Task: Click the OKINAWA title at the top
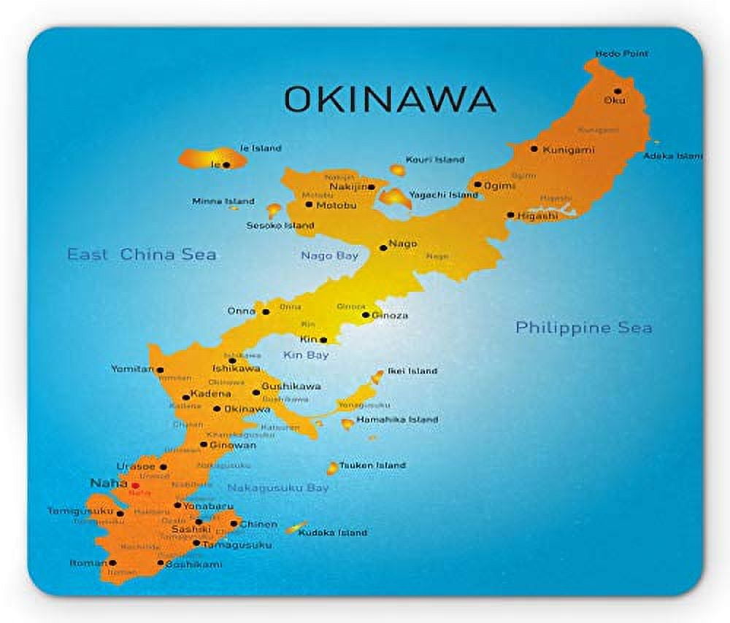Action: pyautogui.click(x=390, y=98)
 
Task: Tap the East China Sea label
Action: pyautogui.click(x=142, y=255)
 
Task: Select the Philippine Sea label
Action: pyautogui.click(x=583, y=328)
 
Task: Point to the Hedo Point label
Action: pyautogui.click(x=621, y=54)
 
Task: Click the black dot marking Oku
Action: pyautogui.click(x=618, y=91)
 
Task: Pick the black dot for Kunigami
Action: pyautogui.click(x=534, y=149)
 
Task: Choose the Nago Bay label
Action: pyautogui.click(x=329, y=256)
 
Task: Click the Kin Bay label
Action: pyautogui.click(x=305, y=355)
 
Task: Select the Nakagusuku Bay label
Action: pyautogui.click(x=277, y=487)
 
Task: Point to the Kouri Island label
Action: pyautogui.click(x=436, y=160)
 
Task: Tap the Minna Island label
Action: pyautogui.click(x=223, y=201)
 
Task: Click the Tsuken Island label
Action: pyautogui.click(x=372, y=465)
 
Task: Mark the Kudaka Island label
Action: pyautogui.click(x=332, y=533)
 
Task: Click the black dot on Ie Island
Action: pyautogui.click(x=226, y=165)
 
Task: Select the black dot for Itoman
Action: pyautogui.click(x=112, y=563)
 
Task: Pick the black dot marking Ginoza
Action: pyautogui.click(x=366, y=315)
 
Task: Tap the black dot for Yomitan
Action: pyautogui.click(x=160, y=370)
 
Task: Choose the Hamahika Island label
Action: pyautogui.click(x=399, y=419)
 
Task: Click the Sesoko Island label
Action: pyautogui.click(x=280, y=225)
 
